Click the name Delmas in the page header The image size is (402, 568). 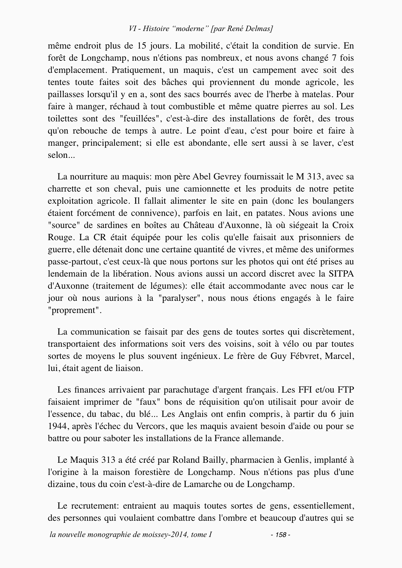tap(260, 29)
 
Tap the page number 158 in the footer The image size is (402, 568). tap(281, 535)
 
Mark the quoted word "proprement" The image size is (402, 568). tap(74, 310)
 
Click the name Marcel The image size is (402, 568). tap(339, 356)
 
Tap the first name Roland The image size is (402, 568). tap(186, 460)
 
